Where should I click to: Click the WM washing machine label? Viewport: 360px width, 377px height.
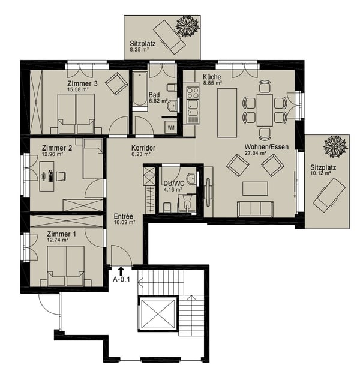171,128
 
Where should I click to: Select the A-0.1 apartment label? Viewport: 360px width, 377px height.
121,279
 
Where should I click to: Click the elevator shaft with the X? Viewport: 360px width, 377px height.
157,315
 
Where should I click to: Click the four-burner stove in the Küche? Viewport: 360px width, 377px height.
193,93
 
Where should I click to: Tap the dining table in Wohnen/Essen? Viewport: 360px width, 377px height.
265,110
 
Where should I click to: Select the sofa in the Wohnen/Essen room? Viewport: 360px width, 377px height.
255,209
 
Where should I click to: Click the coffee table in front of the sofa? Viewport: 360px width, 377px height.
255,188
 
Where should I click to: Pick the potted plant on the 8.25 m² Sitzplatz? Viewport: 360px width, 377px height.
188,26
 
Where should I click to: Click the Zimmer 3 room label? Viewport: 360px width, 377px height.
82,83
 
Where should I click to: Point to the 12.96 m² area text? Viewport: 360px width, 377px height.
52,154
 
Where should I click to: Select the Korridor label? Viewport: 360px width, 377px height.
143,148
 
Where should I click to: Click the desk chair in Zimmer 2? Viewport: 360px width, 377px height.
61,176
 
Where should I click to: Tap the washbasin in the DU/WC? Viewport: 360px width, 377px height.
192,179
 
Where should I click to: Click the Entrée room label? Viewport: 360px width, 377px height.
124,216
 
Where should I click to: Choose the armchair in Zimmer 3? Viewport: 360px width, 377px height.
116,84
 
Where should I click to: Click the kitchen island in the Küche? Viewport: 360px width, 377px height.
227,113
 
